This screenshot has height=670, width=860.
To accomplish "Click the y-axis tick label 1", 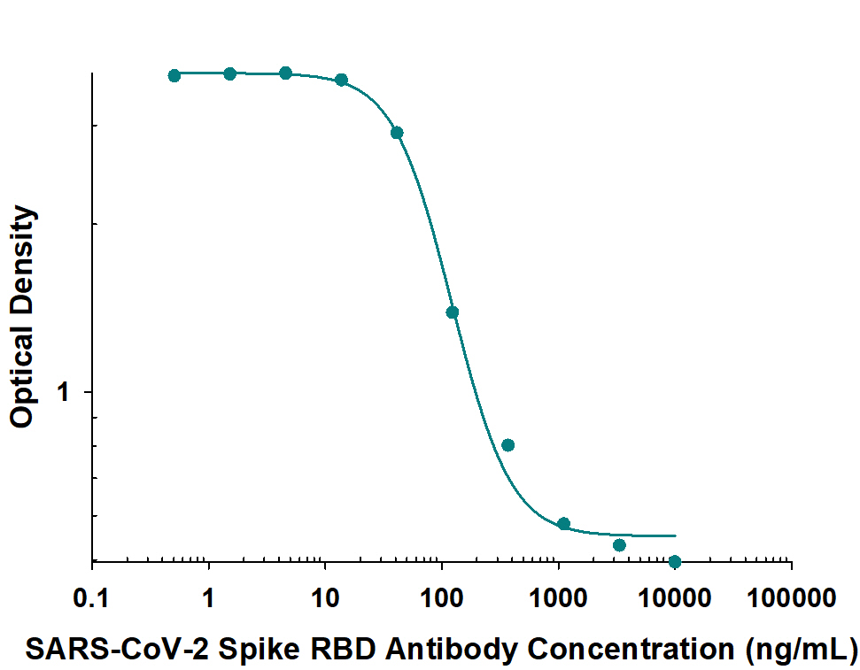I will pyautogui.click(x=64, y=391).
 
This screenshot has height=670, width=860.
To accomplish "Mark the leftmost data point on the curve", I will pyautogui.click(x=174, y=75).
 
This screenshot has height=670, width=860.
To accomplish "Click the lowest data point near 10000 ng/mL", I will pyautogui.click(x=675, y=561).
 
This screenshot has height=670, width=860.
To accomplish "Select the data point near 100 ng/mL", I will pyautogui.click(x=452, y=312).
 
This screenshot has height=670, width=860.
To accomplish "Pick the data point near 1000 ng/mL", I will pyautogui.click(x=563, y=523).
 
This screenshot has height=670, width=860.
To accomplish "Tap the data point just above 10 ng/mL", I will pyautogui.click(x=342, y=80).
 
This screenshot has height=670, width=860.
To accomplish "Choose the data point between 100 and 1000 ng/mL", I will pyautogui.click(x=507, y=444).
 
